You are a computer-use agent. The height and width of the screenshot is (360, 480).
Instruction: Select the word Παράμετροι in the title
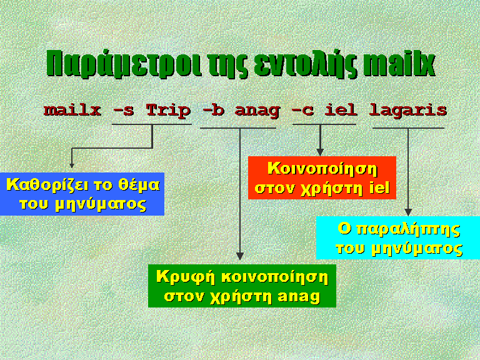pyautogui.click(x=124, y=64)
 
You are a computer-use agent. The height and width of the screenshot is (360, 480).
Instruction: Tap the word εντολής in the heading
pyautogui.click(x=305, y=64)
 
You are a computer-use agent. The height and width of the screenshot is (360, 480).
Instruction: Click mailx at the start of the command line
pyautogui.click(x=72, y=110)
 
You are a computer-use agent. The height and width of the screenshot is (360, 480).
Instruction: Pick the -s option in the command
pyautogui.click(x=123, y=111)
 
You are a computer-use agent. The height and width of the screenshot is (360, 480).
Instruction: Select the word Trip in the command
pyautogui.click(x=168, y=111)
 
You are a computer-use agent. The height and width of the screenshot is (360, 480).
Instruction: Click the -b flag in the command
pyautogui.click(x=213, y=110)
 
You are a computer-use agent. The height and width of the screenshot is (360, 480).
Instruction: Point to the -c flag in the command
pyautogui.click(x=302, y=111)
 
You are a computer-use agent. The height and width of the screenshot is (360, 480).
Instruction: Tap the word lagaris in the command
pyautogui.click(x=407, y=111)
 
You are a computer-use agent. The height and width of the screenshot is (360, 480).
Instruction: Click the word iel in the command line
pyautogui.click(x=341, y=110)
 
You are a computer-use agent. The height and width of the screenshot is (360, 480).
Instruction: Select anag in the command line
pyautogui.click(x=257, y=111)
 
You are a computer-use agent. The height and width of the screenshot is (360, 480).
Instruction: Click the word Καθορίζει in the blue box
pyautogui.click(x=46, y=186)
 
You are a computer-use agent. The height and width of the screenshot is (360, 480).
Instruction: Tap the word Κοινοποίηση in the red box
pyautogui.click(x=322, y=169)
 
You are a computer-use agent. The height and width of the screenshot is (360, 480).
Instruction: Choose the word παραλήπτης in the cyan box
pyautogui.click(x=408, y=230)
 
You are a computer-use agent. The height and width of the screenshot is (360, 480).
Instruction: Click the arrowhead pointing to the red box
pyautogui.click(x=320, y=152)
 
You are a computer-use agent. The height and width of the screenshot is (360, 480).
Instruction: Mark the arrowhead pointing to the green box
pyautogui.click(x=240, y=256)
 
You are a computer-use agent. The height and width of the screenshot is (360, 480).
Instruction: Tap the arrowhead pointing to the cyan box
pyautogui.click(x=407, y=212)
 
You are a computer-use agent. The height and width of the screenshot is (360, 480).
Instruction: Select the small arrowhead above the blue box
pyautogui.click(x=72, y=166)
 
